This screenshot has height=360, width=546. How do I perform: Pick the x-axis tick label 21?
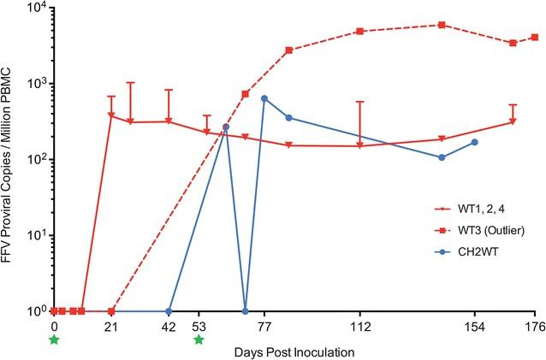pos(110,326)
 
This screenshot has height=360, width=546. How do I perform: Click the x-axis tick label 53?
pos(199,326)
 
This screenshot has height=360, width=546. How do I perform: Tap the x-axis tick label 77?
pos(264,326)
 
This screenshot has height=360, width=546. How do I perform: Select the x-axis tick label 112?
pos(360,326)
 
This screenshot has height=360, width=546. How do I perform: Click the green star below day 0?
pos(54,340)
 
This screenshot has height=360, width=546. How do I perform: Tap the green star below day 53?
pos(199,340)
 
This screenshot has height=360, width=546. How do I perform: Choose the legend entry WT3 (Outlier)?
pos(482,231)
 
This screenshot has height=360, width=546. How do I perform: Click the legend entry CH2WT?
pos(472,252)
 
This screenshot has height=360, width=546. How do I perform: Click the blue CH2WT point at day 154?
pos(475,142)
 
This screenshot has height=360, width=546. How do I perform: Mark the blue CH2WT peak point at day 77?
pos(264,98)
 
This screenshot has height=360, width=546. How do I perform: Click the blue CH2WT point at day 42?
pos(169,311)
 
